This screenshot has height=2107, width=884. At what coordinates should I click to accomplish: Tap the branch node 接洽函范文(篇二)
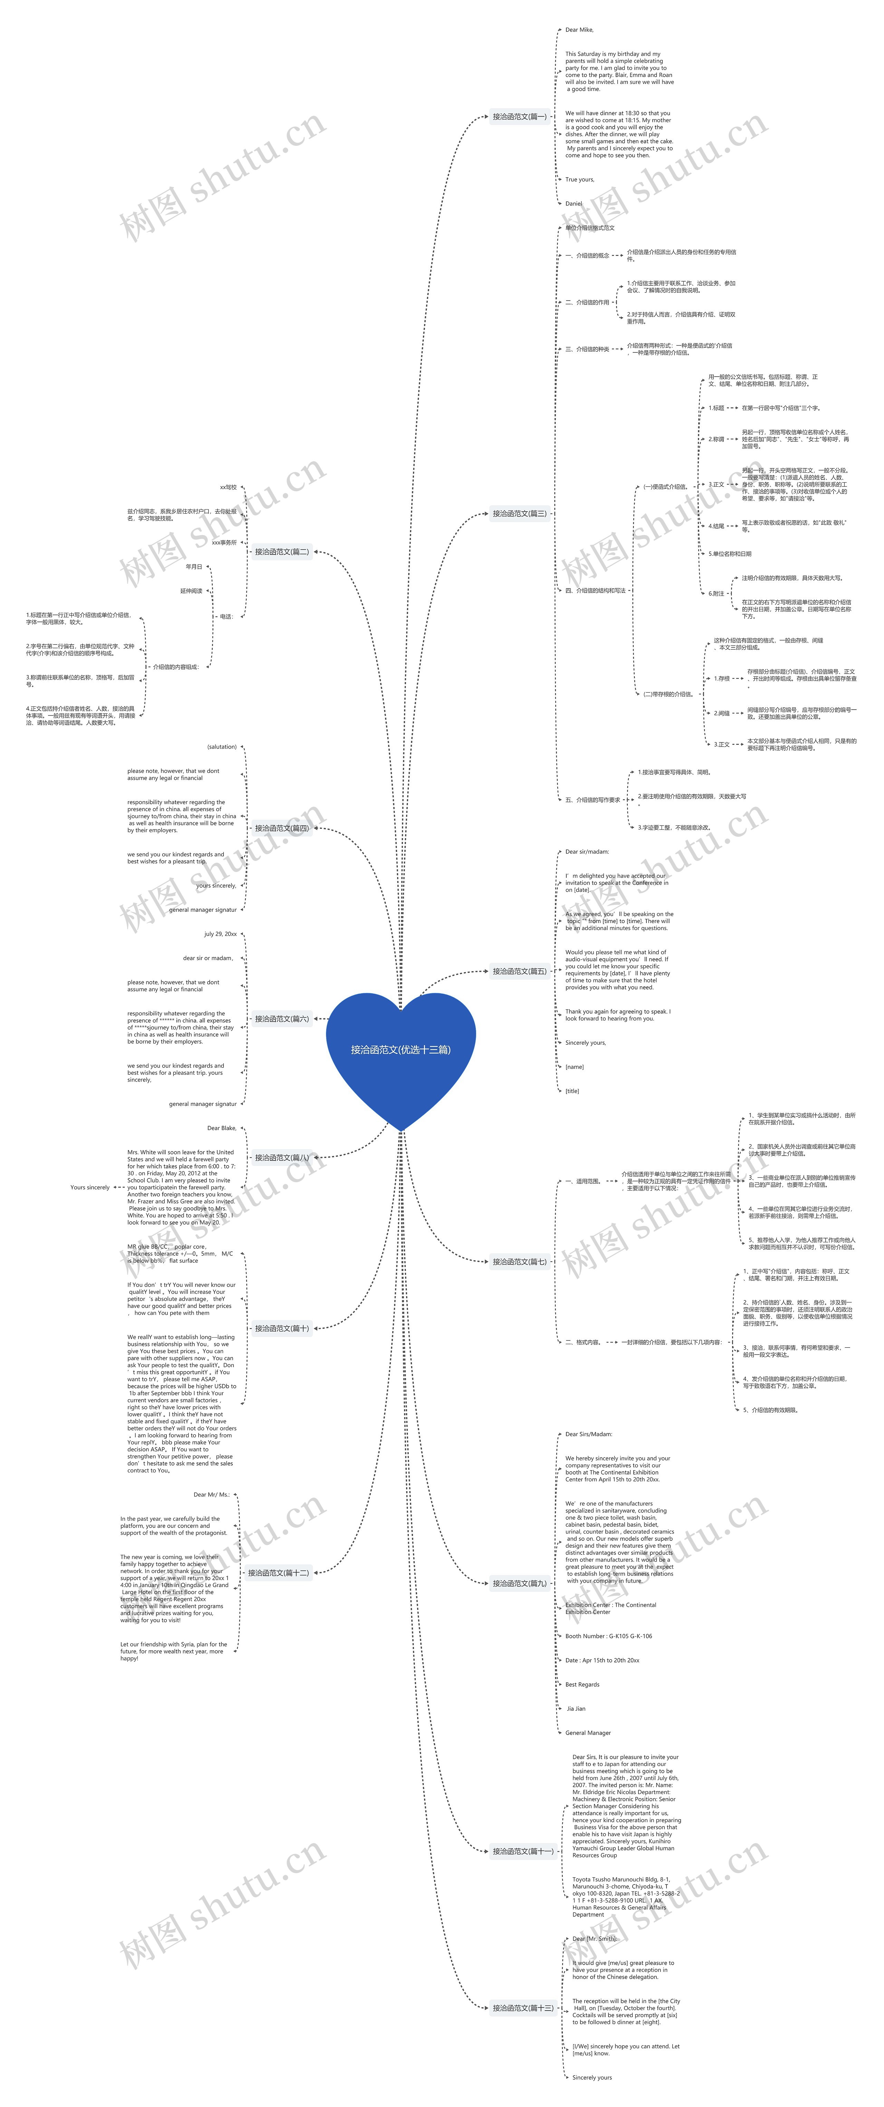pos(281,552)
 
